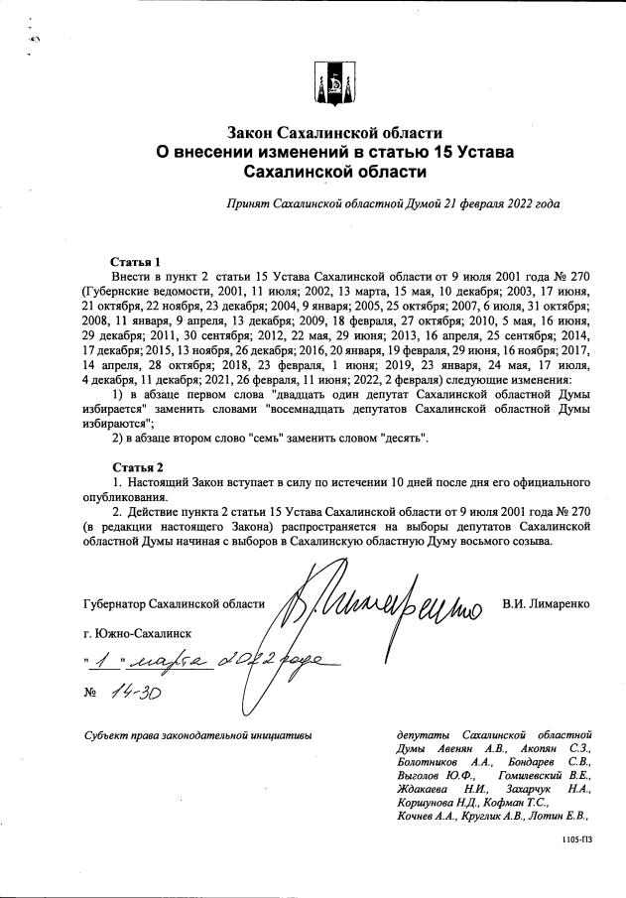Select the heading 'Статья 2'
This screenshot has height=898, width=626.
pyautogui.click(x=136, y=466)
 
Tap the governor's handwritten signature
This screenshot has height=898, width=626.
pyautogui.click(x=382, y=602)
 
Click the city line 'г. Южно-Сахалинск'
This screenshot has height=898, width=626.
pyautogui.click(x=139, y=632)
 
